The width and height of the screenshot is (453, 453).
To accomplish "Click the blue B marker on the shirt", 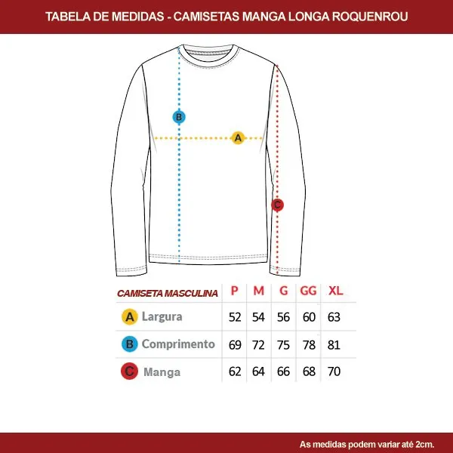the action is (179, 117).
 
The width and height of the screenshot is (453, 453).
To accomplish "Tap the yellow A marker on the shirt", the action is (238, 138).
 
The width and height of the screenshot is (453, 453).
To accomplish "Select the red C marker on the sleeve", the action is (277, 205).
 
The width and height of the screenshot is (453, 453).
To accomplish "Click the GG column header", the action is (308, 291).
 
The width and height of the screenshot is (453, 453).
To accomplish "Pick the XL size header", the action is (335, 291).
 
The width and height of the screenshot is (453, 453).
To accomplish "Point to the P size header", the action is (235, 291).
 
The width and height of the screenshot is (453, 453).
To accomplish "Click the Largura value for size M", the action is (258, 317).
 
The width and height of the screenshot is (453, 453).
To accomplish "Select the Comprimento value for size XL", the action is (334, 345).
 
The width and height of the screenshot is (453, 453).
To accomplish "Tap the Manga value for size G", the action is (283, 371).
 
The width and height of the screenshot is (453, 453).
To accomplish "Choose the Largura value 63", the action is (334, 317).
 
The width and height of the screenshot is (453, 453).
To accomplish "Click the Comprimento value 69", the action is (235, 345).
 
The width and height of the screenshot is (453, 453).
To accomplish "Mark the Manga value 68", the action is (309, 371).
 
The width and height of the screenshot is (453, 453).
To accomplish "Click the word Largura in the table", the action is (162, 317).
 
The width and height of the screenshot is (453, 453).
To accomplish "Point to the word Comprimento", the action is (178, 344).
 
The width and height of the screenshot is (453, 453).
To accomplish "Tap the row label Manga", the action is (162, 371).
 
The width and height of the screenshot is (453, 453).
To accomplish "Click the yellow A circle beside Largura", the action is (130, 317).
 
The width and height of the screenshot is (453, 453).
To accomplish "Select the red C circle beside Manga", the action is (129, 371).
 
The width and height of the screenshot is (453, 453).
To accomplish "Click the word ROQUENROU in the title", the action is (370, 17).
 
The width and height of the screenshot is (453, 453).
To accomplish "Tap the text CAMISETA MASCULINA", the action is (168, 293).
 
